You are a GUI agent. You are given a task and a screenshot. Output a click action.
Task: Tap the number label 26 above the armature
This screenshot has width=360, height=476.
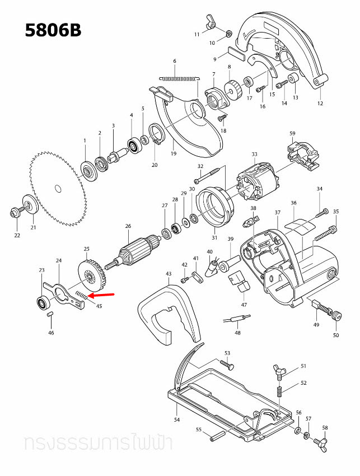(x=128, y=226)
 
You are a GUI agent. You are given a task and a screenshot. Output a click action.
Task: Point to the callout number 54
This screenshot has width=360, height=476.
(x=176, y=420)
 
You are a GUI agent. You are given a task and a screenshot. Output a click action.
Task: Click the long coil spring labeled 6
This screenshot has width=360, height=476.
(x=178, y=78)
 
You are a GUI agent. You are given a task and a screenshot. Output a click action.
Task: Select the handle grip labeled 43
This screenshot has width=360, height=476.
(x=168, y=314)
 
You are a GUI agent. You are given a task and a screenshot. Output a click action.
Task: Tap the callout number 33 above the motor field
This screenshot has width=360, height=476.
(x=254, y=154)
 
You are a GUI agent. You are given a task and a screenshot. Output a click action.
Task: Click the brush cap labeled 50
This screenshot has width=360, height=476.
(x=336, y=316)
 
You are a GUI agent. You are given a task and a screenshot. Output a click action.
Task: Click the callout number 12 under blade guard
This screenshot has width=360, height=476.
(x=320, y=103)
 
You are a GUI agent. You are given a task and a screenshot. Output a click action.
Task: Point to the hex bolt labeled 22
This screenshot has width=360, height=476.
(x=15, y=213)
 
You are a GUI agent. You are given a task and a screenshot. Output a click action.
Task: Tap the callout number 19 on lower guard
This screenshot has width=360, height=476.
(x=174, y=153)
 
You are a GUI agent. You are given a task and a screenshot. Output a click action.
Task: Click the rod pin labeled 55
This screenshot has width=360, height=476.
(x=217, y=436)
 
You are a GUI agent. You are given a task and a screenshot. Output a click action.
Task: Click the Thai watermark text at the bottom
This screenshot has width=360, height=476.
(x=98, y=444)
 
